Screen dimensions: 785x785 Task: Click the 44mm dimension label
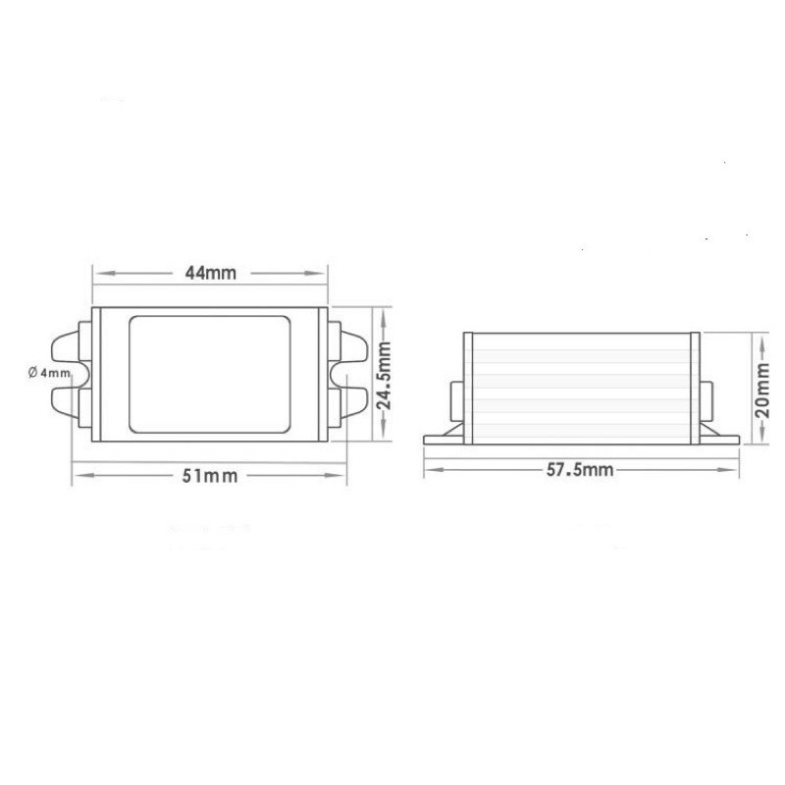click(210, 273)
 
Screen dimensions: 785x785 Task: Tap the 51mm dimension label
click(210, 476)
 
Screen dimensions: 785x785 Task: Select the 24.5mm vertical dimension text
click(384, 376)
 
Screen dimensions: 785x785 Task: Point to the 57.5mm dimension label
click(580, 470)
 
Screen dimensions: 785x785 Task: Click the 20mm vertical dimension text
click(762, 390)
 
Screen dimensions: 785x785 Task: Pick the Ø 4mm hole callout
click(49, 373)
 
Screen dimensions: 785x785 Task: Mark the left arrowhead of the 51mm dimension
click(81, 475)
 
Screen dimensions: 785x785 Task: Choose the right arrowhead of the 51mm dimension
click(338, 475)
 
